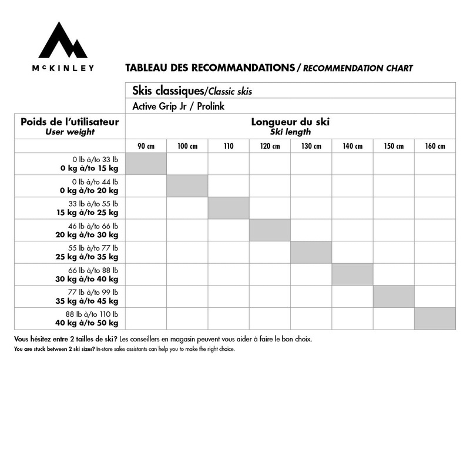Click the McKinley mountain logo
[62, 41]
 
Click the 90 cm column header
[146, 146]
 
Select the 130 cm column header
[311, 146]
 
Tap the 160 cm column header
[435, 146]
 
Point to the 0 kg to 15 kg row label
[89, 163]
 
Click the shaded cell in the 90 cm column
[146, 163]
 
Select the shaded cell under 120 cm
[270, 230]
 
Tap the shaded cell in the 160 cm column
[435, 318]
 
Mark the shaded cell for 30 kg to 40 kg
[352, 274]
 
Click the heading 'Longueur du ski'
[290, 122]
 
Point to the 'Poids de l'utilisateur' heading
[70, 122]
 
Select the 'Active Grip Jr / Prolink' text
[179, 106]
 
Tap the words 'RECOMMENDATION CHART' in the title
[358, 68]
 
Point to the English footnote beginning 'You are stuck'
[124, 349]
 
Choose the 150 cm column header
[394, 146]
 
